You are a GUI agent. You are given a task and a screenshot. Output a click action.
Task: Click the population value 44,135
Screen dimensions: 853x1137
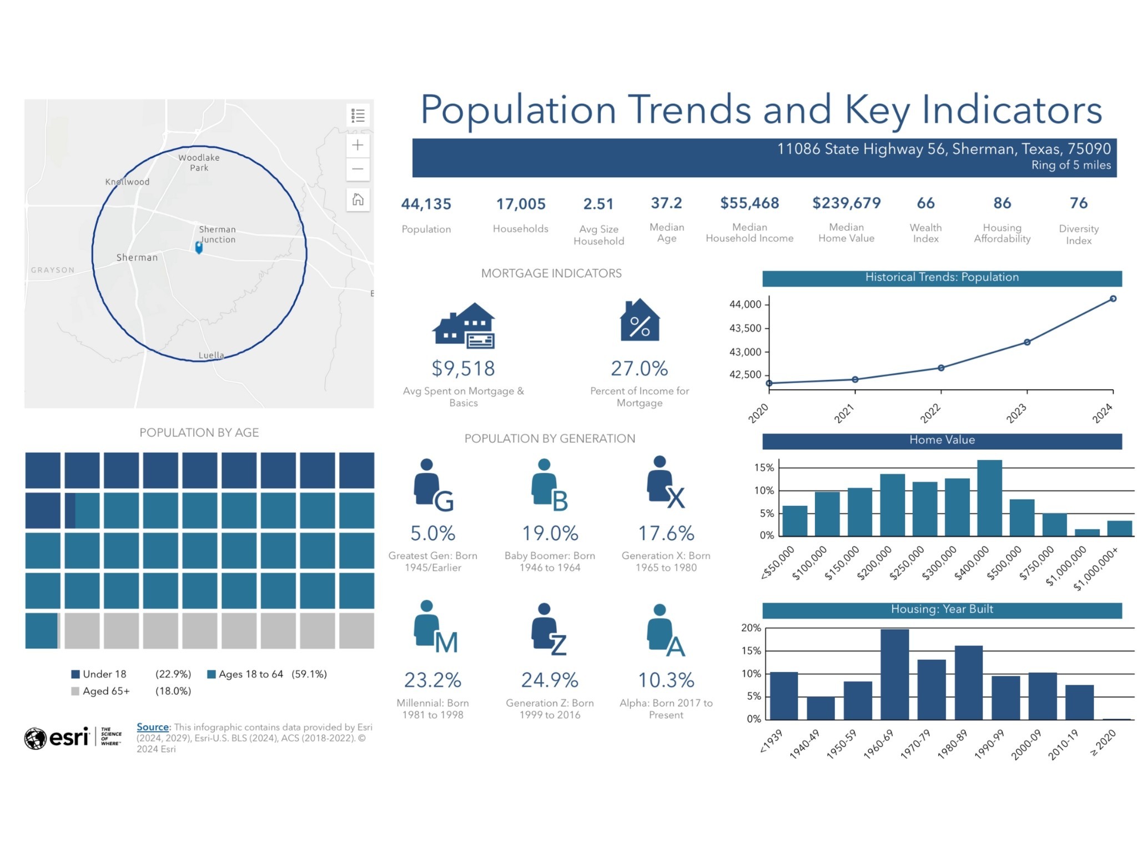coord(426,204)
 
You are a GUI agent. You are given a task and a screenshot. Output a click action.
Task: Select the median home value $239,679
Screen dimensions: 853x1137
coord(846,203)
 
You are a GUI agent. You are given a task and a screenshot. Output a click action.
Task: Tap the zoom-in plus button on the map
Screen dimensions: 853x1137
coord(358,145)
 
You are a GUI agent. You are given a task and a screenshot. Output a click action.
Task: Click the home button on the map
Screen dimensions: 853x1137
coord(358,199)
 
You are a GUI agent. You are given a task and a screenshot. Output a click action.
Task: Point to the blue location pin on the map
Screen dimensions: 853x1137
coord(199,247)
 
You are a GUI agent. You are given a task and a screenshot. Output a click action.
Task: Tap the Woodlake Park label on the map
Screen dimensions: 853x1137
coord(199,163)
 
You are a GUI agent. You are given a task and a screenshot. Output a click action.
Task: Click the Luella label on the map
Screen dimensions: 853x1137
coord(211,355)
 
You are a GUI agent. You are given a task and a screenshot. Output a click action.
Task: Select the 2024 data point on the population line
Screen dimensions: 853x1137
coord(1113,299)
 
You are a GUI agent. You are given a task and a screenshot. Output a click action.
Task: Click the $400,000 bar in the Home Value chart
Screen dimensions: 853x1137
coord(989,498)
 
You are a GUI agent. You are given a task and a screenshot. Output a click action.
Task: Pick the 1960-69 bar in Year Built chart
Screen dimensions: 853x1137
coord(894,674)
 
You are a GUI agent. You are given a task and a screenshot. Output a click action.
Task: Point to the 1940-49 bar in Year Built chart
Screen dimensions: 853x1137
coord(821,708)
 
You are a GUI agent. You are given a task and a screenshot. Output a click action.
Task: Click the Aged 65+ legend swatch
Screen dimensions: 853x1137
coord(76,691)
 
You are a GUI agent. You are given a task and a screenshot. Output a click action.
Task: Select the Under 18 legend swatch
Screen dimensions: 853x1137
coord(76,674)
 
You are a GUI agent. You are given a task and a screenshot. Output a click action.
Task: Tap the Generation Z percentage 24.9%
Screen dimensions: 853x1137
coord(550,680)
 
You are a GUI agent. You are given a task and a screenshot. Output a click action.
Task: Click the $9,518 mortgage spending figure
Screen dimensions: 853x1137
coord(463,369)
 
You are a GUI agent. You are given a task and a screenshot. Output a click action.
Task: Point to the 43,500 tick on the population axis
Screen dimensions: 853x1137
coord(745,328)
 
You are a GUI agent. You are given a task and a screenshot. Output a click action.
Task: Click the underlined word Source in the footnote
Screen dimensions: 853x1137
coord(153,727)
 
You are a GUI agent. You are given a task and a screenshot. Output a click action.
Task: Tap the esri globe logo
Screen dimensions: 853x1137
coord(35,738)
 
